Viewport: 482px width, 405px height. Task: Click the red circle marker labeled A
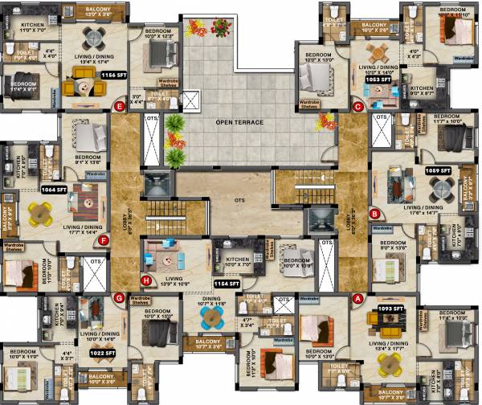click(358, 298)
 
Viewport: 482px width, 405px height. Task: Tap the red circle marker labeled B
click(374, 214)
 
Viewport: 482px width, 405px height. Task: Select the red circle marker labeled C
click(358, 105)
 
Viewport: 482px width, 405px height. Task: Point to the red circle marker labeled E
click(120, 105)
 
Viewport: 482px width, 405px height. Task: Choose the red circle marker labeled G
click(119, 299)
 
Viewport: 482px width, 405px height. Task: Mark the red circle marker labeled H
click(146, 280)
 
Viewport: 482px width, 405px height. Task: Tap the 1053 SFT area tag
click(377, 80)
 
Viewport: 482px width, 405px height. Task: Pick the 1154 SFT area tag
click(227, 284)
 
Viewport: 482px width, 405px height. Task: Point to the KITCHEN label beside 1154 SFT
click(238, 260)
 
